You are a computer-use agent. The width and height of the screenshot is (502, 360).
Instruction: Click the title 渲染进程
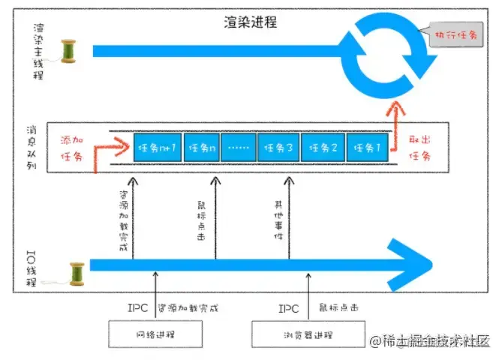tap(251, 22)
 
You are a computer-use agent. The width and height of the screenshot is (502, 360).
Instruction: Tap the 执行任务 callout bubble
tap(449, 34)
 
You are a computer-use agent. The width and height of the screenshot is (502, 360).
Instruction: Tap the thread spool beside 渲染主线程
tap(70, 50)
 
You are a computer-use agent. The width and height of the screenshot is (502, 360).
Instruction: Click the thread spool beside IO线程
tap(75, 271)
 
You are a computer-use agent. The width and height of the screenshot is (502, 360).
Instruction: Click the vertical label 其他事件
tap(278, 214)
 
